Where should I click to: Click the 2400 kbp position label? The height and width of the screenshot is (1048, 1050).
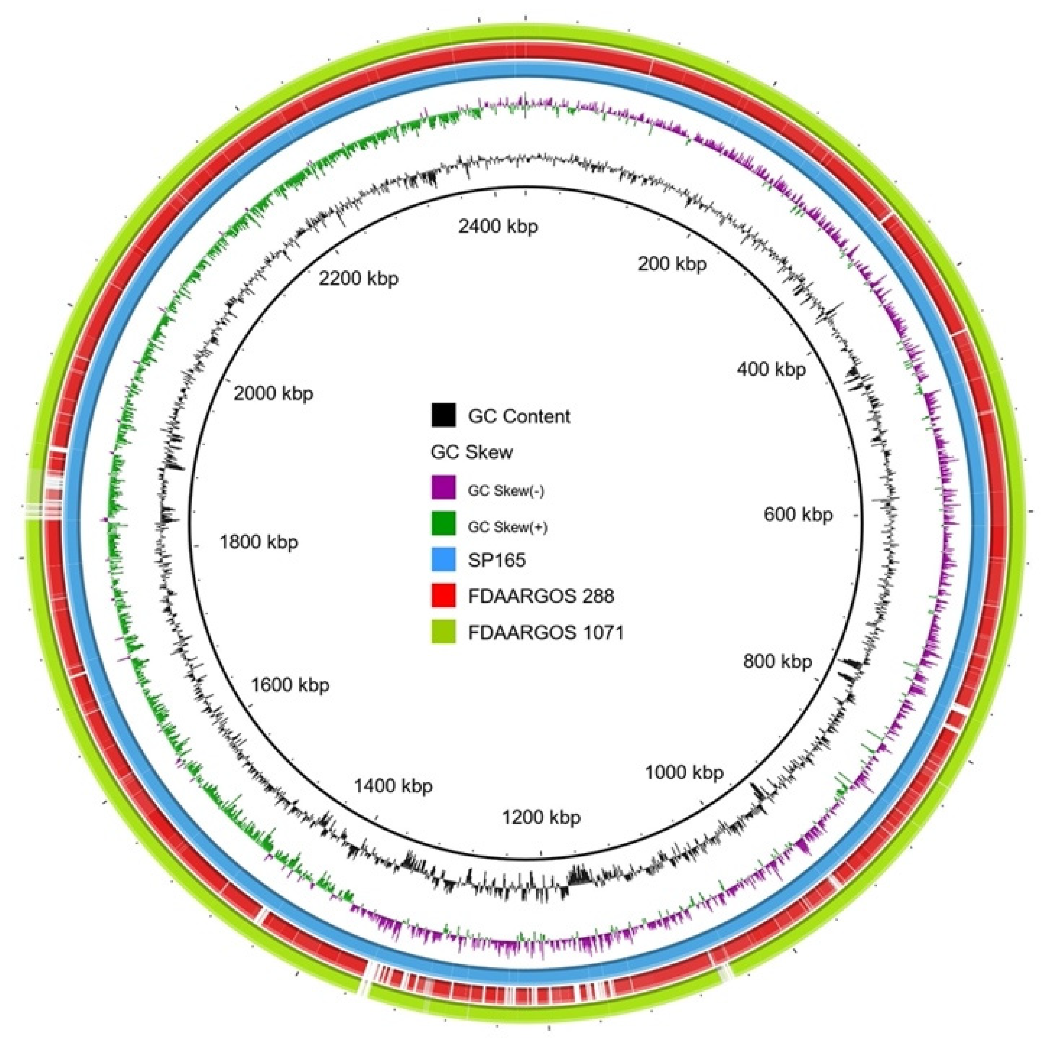(x=498, y=226)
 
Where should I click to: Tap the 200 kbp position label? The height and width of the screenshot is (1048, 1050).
(x=672, y=264)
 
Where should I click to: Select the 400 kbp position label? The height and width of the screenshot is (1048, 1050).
(x=771, y=369)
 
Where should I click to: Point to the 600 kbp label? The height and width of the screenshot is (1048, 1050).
(x=798, y=514)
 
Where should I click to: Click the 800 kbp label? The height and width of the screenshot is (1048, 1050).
(x=778, y=661)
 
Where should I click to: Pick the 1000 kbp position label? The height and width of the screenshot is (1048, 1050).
(x=684, y=772)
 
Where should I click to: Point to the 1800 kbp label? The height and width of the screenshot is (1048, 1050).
(x=259, y=542)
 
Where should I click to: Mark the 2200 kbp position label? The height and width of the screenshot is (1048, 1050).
(x=358, y=278)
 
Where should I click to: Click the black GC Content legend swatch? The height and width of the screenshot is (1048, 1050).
(x=444, y=415)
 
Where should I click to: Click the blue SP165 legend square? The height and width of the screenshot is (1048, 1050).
(x=444, y=560)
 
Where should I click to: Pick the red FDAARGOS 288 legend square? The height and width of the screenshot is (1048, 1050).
(x=444, y=596)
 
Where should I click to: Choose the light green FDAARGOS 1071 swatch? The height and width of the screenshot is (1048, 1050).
(x=444, y=632)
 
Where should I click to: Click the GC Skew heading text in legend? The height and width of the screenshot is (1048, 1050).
(x=471, y=452)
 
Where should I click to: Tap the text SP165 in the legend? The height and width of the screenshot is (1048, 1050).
(x=497, y=560)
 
